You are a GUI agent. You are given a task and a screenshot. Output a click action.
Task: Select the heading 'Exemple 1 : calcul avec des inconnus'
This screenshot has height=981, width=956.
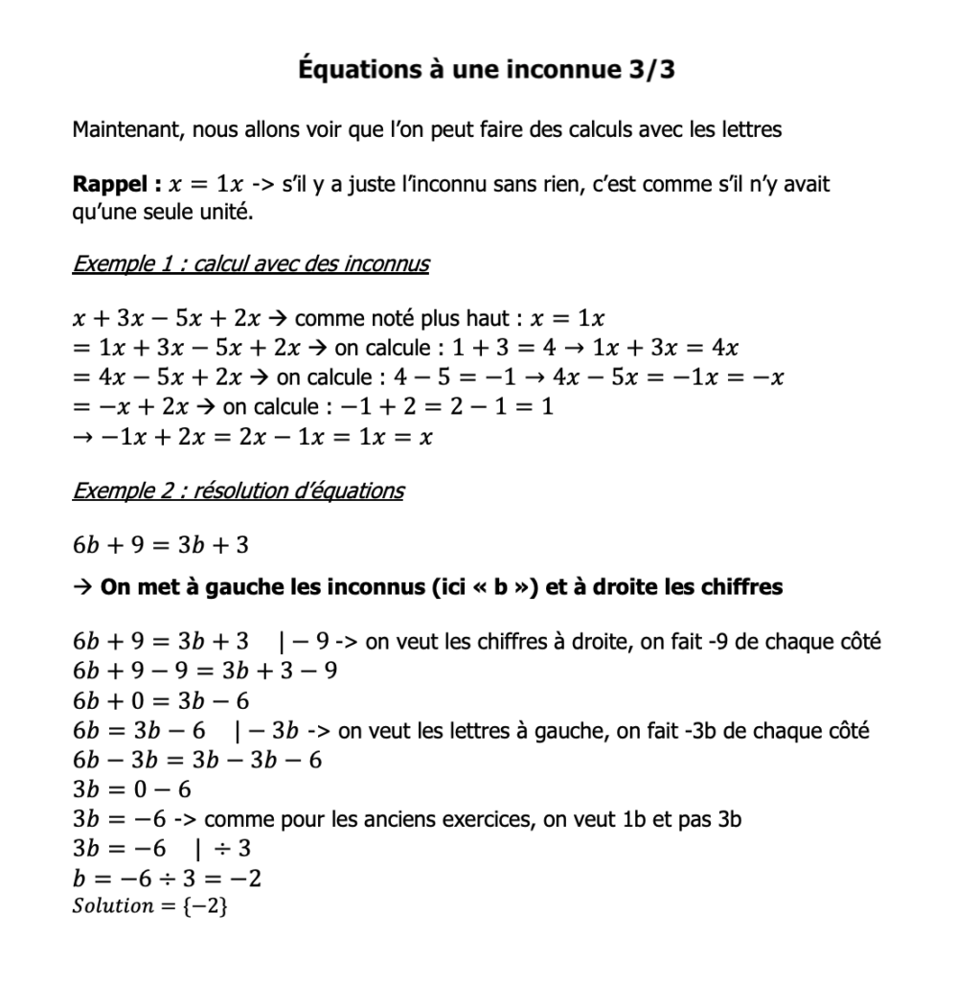click(x=250, y=263)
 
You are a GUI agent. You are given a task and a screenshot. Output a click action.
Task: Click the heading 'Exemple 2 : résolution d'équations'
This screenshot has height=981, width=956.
click(x=238, y=491)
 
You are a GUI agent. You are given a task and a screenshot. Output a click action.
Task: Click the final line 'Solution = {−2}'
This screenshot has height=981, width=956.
click(x=149, y=906)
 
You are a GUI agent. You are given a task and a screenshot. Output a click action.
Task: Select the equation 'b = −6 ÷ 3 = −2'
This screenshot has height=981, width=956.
click(x=168, y=878)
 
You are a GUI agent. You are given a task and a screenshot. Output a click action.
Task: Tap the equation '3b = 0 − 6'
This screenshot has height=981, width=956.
click(x=132, y=790)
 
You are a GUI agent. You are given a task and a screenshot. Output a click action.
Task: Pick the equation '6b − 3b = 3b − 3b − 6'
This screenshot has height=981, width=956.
click(x=197, y=761)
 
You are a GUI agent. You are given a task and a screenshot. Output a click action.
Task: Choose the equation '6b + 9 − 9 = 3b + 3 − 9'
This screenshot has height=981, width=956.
click(x=204, y=672)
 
